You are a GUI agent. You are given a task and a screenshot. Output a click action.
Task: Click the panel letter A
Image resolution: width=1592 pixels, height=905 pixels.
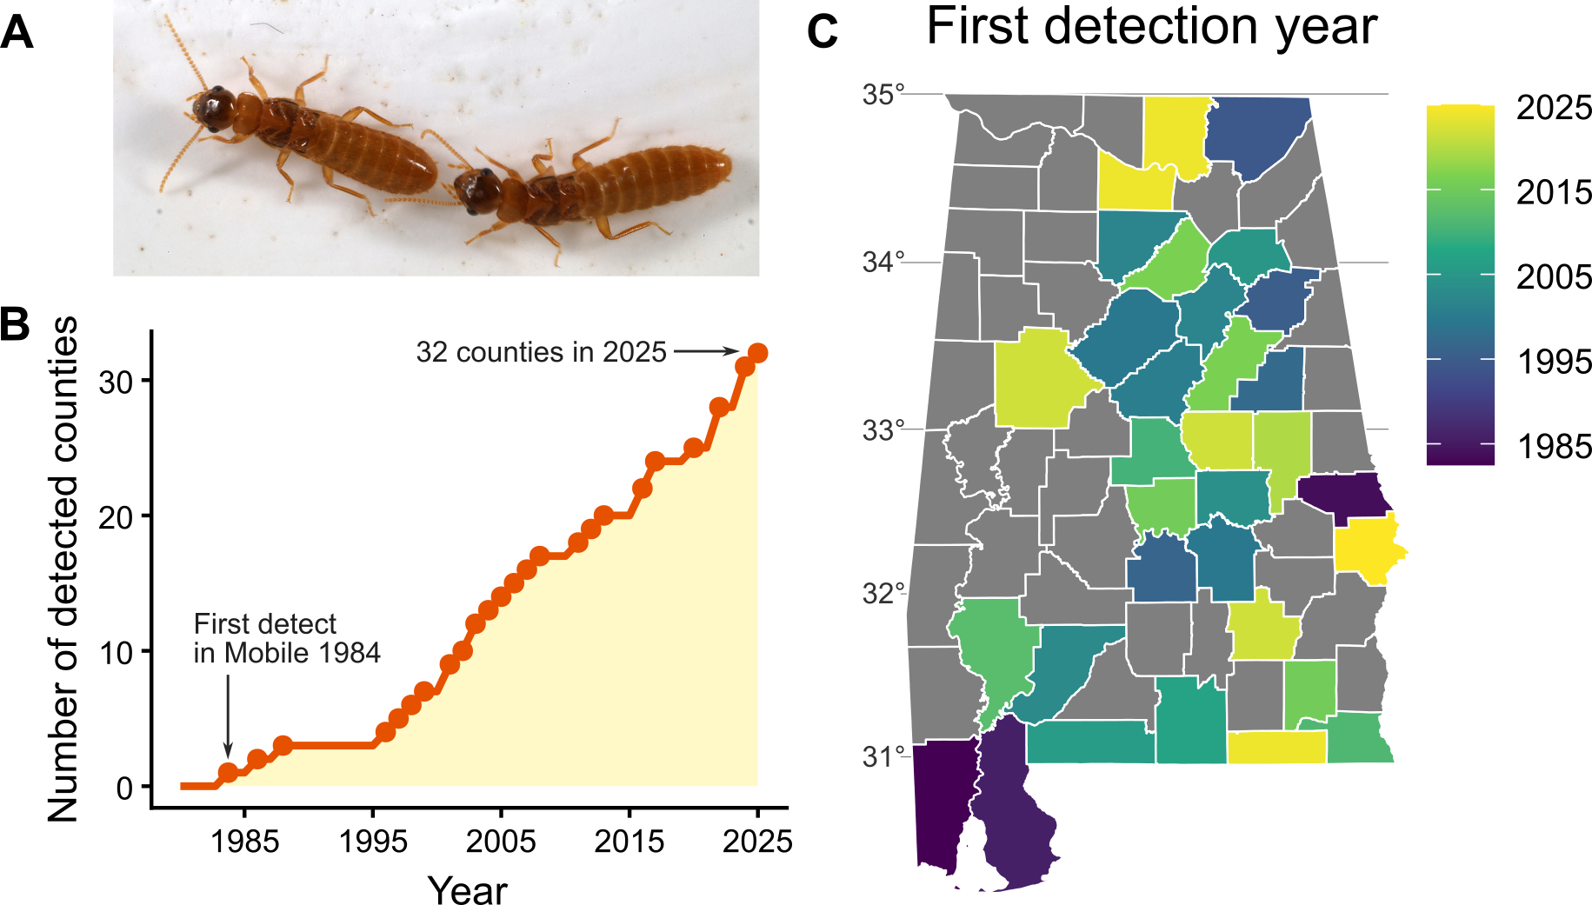17,33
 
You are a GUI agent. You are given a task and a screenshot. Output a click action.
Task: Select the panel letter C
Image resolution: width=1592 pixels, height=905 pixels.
823,32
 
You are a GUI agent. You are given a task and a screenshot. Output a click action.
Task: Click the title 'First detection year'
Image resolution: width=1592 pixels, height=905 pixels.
1151,26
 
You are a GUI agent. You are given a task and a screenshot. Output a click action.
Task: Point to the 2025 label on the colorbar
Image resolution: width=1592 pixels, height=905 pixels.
1554,108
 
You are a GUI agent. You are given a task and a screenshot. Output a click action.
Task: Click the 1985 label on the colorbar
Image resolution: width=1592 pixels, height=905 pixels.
1554,447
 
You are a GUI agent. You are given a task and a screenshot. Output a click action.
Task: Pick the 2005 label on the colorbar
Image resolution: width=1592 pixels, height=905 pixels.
1554,277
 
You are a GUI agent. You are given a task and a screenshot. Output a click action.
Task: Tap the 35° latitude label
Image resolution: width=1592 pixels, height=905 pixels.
883,94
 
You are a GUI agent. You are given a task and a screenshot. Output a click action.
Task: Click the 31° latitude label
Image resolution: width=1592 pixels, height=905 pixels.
883,756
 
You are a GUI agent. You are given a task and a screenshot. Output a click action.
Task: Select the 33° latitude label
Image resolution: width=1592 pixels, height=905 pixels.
883,429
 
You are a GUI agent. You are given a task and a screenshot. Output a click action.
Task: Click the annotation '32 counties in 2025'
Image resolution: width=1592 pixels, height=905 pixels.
541,352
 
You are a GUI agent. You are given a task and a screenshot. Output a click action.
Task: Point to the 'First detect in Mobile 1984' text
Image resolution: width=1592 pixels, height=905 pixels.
287,638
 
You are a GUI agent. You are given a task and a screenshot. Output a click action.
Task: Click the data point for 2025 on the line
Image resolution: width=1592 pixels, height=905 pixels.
757,353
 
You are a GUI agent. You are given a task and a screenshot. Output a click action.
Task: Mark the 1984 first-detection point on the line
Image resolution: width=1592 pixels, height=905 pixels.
228,772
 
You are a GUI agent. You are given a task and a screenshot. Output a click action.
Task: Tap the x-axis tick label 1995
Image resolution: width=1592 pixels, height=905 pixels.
373,842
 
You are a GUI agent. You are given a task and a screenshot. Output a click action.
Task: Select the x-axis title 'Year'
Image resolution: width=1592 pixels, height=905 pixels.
467,889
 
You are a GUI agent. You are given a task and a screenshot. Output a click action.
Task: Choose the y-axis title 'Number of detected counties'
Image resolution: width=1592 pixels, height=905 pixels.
63,569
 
